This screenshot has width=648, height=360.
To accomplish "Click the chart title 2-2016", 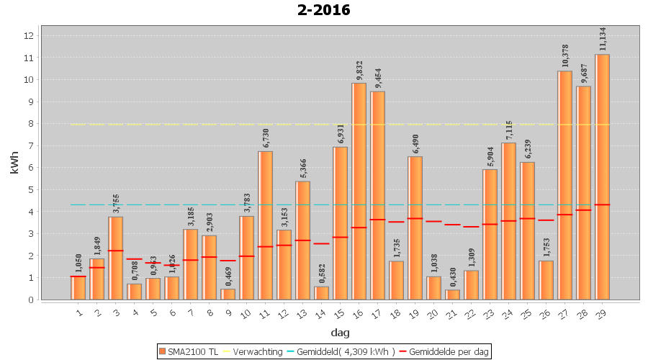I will pyautogui.click(x=324, y=10).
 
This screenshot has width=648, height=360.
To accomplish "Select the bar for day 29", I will pyautogui.click(x=603, y=176).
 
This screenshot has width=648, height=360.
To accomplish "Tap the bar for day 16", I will pyautogui.click(x=359, y=191).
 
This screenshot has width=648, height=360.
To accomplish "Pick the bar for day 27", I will pyautogui.click(x=565, y=185).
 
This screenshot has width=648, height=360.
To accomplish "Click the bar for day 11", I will pyautogui.click(x=265, y=225).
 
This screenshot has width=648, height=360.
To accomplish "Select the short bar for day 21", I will pyautogui.click(x=452, y=294).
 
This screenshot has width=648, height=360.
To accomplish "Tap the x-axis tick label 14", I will pyautogui.click(x=320, y=311).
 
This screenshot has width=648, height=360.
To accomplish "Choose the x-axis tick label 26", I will pyautogui.click(x=545, y=311).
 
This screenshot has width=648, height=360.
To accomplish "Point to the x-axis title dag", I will pyautogui.click(x=340, y=333).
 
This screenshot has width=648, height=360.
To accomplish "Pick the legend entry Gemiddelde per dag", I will pyautogui.click(x=446, y=351).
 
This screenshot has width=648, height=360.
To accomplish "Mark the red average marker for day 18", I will pyautogui.click(x=396, y=222).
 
